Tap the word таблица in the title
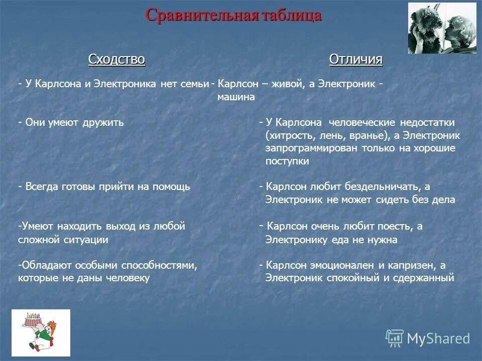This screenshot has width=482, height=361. [291, 15]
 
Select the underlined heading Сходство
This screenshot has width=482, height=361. [116, 60]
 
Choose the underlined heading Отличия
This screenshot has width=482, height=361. [355, 60]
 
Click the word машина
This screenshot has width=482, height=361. [236, 97]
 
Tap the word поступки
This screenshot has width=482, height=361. [287, 161]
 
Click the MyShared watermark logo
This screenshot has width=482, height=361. [428, 338]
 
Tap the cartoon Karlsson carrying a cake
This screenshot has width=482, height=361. [41, 332]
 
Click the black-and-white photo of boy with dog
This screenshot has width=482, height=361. [442, 28]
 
